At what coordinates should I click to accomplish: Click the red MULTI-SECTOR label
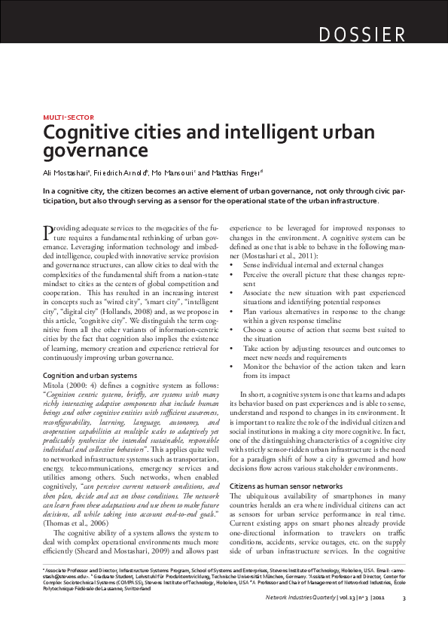(x=64, y=118)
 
